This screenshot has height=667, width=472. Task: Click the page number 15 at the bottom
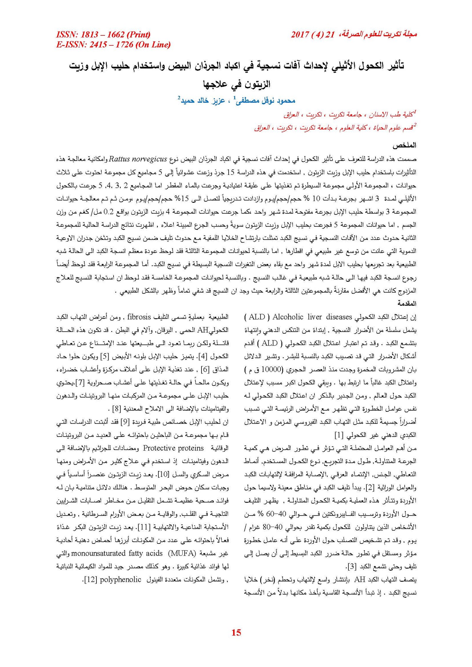[x=236, y=632]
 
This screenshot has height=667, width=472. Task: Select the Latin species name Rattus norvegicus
[x=138, y=159]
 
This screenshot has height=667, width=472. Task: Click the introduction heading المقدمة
[x=407, y=303]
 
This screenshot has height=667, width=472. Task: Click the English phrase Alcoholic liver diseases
[x=312, y=317]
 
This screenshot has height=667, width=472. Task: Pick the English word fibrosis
[x=139, y=317]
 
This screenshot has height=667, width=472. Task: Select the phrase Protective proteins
[x=173, y=448]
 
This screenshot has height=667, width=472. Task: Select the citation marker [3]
[x=351, y=566]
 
